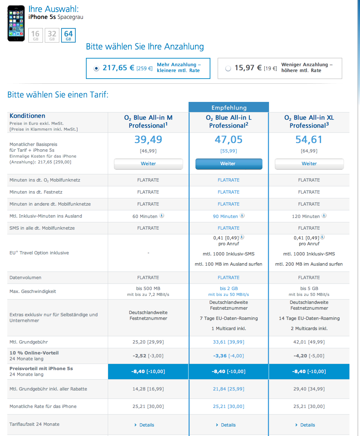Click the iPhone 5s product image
pyautogui.click(x=16, y=23)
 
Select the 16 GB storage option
pyautogui.click(x=35, y=35)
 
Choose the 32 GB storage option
pyautogui.click(x=52, y=35)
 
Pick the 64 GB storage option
pyautogui.click(x=68, y=35)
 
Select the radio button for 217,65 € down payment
pyautogui.click(x=96, y=68)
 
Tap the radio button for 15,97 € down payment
pyautogui.click(x=228, y=68)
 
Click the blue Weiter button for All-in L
pyautogui.click(x=229, y=164)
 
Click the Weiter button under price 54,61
pyautogui.click(x=309, y=164)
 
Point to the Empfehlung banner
pyautogui.click(x=229, y=108)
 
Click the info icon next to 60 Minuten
pyautogui.click(x=162, y=215)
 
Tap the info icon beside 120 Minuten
pyautogui.click(x=324, y=215)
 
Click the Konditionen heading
pyautogui.click(x=27, y=116)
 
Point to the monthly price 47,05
pyautogui.click(x=229, y=139)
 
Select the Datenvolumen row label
pyautogui.click(x=25, y=277)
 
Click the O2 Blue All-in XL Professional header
pyautogui.click(x=309, y=122)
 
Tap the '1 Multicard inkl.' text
pyautogui.click(x=229, y=328)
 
